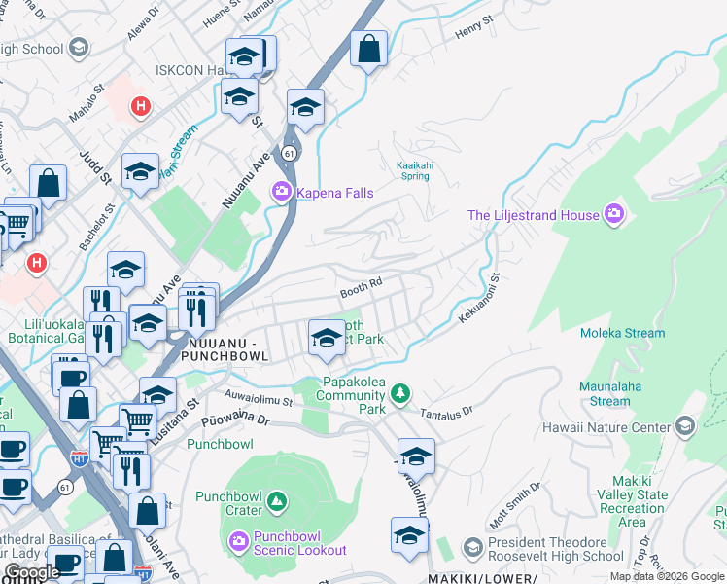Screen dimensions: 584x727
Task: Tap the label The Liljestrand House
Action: [x=534, y=215]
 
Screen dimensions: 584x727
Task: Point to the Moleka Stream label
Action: [x=622, y=333]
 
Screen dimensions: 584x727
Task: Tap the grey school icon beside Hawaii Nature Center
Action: [x=685, y=426]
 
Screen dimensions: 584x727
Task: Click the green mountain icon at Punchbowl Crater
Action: [x=277, y=502]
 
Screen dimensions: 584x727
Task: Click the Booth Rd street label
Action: [x=360, y=292]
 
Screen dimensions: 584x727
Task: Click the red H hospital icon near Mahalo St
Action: [x=141, y=105]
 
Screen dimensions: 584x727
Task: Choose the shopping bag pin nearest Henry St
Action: [x=368, y=49]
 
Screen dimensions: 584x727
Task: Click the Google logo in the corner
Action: [x=32, y=572]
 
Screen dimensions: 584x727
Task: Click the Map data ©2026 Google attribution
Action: [x=666, y=576]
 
